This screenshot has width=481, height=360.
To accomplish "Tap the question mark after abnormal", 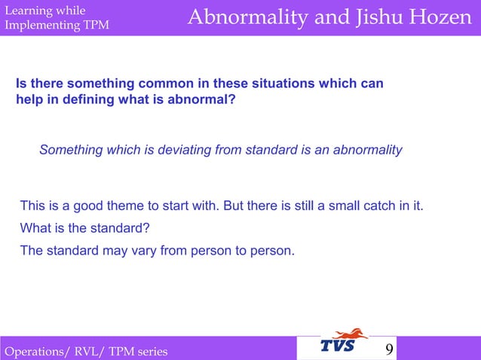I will [x=231, y=99].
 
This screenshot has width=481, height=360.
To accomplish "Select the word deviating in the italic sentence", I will [x=185, y=150].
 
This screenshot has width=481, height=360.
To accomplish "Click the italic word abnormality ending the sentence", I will [x=366, y=150].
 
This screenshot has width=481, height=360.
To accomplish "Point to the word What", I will [x=35, y=228].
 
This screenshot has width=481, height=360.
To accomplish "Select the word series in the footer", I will [x=151, y=352].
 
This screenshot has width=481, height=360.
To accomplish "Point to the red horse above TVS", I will [x=351, y=334].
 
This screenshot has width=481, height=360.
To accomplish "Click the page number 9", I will [x=389, y=349].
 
